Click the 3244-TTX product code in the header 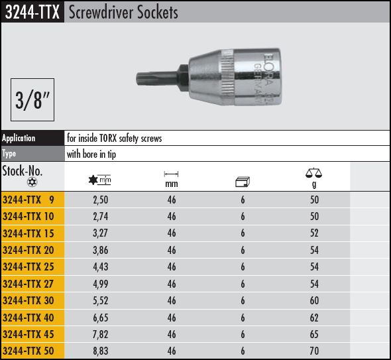pyautogui.click(x=32, y=12)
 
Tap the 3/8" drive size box pyautogui.click(x=32, y=100)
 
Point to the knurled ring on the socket pyautogui.click(x=227, y=77)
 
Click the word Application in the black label pyautogui.click(x=19, y=138)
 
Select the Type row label pyautogui.click(x=9, y=153)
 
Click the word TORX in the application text pyautogui.click(x=108, y=138)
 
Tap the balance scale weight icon pyautogui.click(x=313, y=173)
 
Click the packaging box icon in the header pyautogui.click(x=243, y=182)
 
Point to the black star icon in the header pyautogui.click(x=93, y=180)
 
